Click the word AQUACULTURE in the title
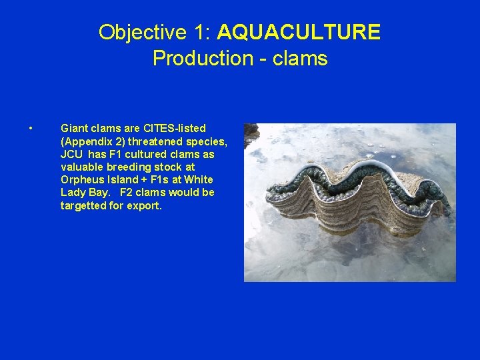299,32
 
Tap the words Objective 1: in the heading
155,32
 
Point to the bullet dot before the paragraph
31,128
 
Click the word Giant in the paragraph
73,128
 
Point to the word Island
121,180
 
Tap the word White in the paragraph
199,180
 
